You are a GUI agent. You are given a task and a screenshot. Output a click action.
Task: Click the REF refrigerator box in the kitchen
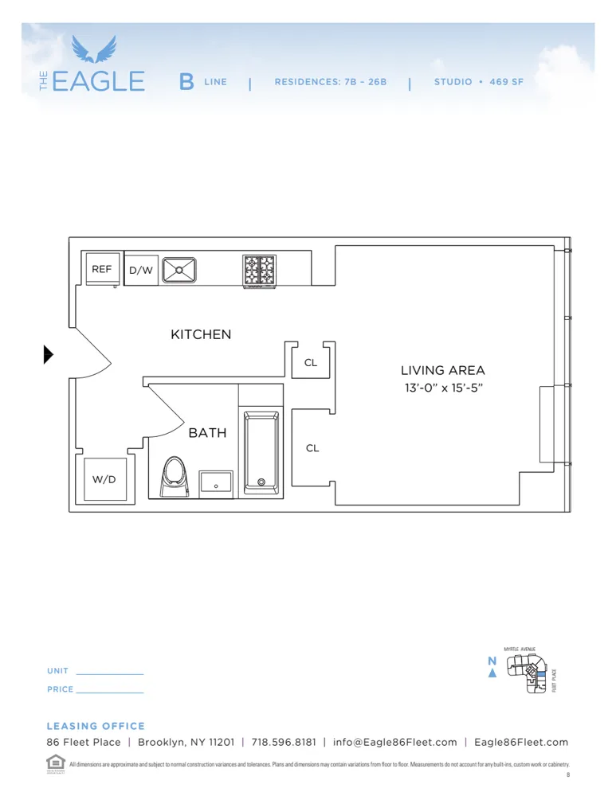[102, 270]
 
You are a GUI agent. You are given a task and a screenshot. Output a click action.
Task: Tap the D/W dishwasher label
[141, 271]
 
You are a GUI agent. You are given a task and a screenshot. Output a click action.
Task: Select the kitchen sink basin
[180, 270]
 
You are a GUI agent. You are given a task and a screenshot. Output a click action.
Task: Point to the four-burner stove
[259, 270]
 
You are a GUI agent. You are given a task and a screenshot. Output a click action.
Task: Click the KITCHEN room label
[201, 335]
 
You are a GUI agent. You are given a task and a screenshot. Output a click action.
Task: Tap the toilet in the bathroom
[174, 476]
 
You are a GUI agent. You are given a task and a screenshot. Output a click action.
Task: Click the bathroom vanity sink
[216, 482]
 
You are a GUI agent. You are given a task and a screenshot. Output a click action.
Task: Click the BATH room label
[207, 434]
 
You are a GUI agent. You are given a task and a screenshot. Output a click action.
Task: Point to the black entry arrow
[48, 354]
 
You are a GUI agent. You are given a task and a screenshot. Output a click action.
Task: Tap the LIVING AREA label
[442, 371]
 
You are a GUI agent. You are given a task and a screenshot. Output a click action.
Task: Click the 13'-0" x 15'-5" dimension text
[442, 388]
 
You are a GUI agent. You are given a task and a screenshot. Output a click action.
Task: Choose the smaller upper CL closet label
[311, 363]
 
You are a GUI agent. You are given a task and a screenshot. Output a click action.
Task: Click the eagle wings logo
[94, 49]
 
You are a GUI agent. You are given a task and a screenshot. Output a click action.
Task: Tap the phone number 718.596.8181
[284, 742]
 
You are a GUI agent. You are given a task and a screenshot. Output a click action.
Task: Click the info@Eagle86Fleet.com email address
[395, 742]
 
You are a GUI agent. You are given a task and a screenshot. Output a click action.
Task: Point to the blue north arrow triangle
[492, 673]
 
